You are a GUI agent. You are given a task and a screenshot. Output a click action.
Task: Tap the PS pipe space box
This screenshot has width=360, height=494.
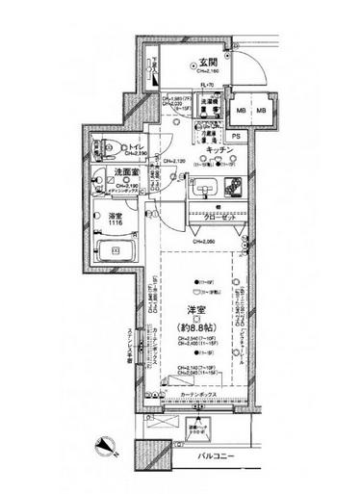click(237, 137)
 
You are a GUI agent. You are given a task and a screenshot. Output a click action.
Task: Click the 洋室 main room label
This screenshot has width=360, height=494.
click(198, 310)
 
